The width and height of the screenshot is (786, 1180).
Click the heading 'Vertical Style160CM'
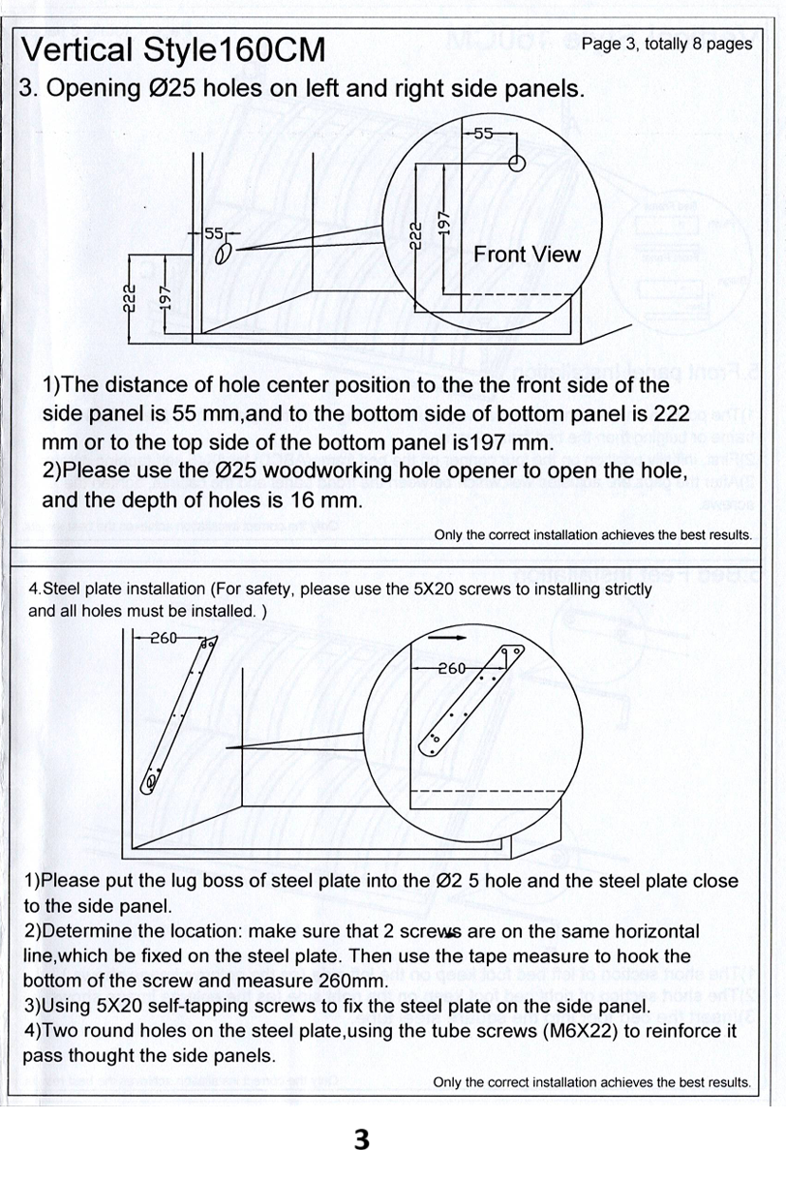pyautogui.click(x=173, y=50)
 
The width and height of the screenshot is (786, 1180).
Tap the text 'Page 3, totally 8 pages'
pyautogui.click(x=666, y=44)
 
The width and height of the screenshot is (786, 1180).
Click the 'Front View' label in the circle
pyautogui.click(x=527, y=255)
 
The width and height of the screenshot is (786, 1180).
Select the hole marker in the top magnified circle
pyautogui.click(x=517, y=164)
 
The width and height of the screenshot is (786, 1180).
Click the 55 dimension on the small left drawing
pyautogui.click(x=213, y=233)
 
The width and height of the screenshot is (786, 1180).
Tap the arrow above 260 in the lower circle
pyautogui.click(x=441, y=639)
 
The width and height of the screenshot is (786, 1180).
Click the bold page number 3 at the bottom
pyautogui.click(x=362, y=1139)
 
